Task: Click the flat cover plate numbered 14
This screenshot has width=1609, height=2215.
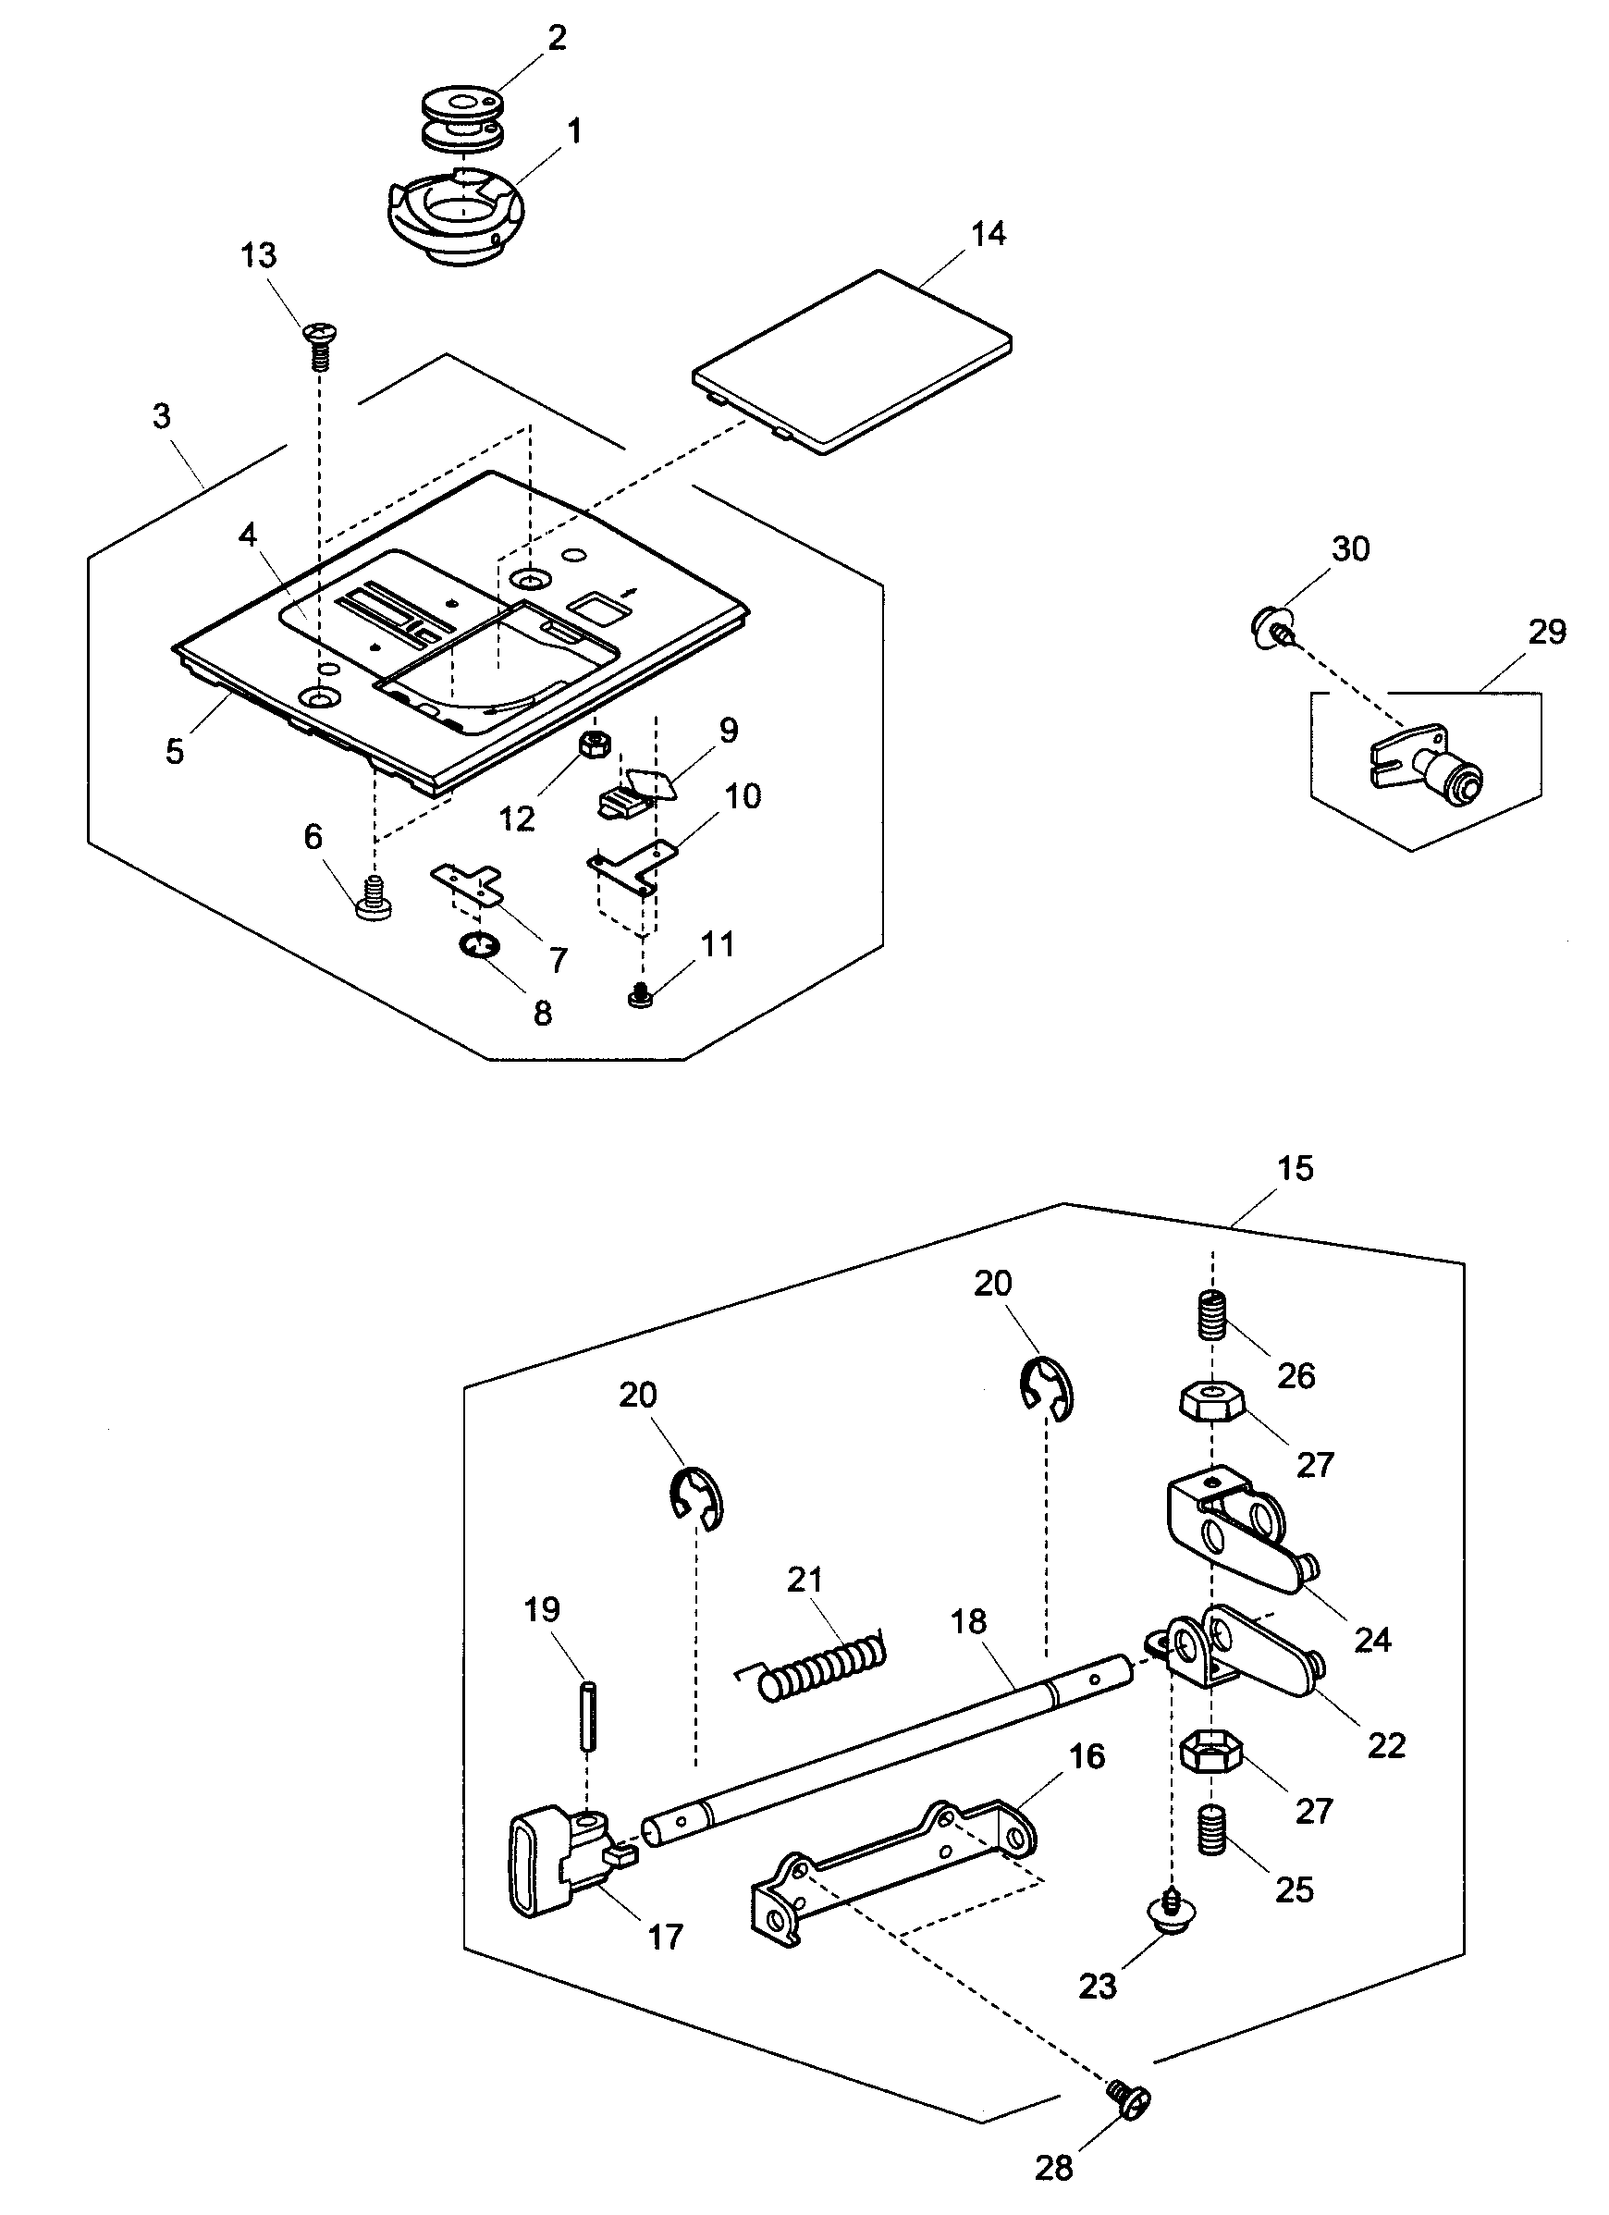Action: coord(853,361)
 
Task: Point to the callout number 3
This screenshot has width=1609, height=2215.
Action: coord(162,416)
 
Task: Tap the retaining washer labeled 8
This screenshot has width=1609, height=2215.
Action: coord(479,944)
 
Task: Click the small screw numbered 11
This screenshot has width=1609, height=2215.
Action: coord(641,996)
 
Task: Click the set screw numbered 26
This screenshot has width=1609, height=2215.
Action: coord(1211,1315)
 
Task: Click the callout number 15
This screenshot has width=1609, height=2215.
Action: coord(1296,1168)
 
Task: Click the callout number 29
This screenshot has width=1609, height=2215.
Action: coord(1547,632)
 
